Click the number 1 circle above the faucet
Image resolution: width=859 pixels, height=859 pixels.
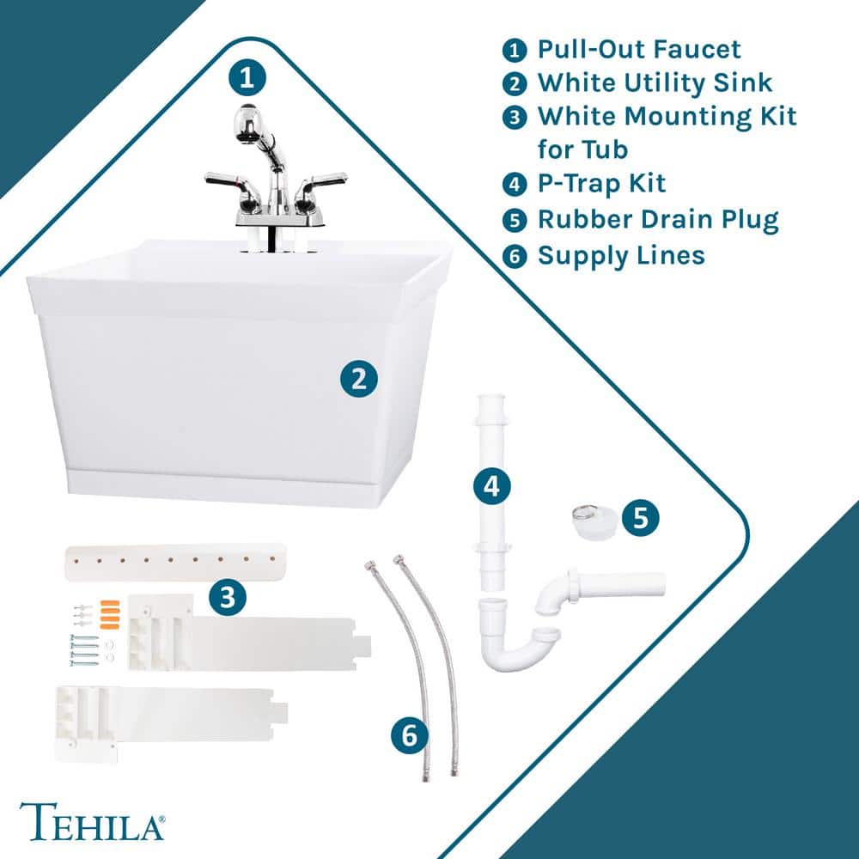coord(247,79)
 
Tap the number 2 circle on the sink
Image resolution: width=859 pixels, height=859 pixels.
coord(359,378)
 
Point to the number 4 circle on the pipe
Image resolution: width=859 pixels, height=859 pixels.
coord(491,486)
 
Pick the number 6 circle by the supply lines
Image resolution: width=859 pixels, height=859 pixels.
coord(409,734)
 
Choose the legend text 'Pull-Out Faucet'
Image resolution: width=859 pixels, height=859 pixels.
coord(639,48)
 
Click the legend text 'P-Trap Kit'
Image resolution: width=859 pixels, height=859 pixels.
coord(601,183)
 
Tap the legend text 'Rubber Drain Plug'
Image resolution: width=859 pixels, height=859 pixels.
coord(657,219)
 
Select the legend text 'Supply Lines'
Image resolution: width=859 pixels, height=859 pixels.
coord(620,255)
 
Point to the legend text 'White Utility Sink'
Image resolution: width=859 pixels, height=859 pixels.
coord(655,82)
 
